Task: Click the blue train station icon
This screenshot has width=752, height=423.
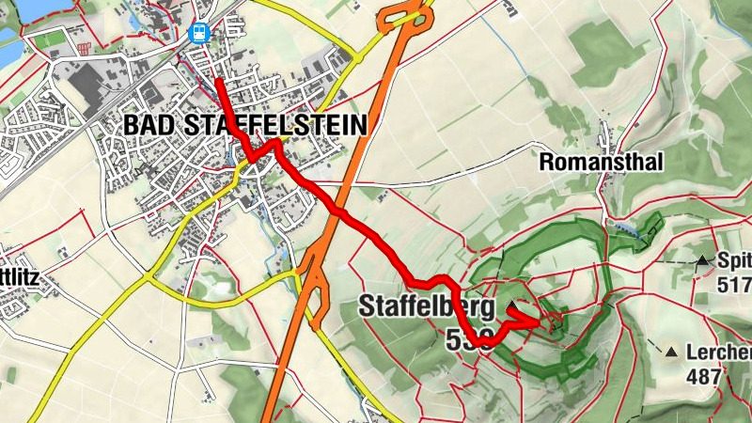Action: (198, 33)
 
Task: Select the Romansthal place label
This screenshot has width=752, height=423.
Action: (601, 163)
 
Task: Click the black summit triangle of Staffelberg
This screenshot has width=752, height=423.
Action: (511, 308)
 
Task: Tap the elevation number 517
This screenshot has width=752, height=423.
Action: (734, 284)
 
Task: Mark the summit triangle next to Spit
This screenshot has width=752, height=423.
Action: (701, 260)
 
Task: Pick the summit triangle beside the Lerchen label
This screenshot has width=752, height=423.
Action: (671, 353)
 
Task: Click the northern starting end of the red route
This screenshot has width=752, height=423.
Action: (218, 81)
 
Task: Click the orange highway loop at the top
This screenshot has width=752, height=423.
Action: (405, 14)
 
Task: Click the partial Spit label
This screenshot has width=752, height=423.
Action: (734, 260)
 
